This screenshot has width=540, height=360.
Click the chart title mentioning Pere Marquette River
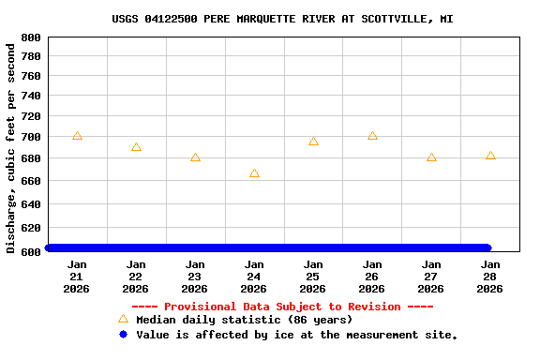[282, 19]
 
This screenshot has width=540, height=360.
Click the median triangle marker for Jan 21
[77, 136]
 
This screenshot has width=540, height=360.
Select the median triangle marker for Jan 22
[136, 147]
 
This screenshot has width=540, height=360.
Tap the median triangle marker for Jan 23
[195, 157]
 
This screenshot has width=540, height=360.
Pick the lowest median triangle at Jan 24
[254, 173]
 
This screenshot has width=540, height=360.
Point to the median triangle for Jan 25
[313, 142]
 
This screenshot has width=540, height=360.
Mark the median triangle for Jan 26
[372, 136]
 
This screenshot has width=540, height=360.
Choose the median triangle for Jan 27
[431, 157]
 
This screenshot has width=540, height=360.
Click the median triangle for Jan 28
[490, 156]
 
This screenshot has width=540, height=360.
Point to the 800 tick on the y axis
[31, 37]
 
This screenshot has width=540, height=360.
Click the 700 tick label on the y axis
[31, 137]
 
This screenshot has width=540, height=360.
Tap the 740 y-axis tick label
[31, 96]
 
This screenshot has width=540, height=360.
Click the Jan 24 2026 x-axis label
[254, 277]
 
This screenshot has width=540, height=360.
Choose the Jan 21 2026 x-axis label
[77, 277]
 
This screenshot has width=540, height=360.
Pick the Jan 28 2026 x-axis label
[490, 277]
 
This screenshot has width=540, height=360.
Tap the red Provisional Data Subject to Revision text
[282, 307]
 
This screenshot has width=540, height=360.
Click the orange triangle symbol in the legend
[123, 319]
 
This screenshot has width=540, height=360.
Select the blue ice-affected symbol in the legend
[123, 334]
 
